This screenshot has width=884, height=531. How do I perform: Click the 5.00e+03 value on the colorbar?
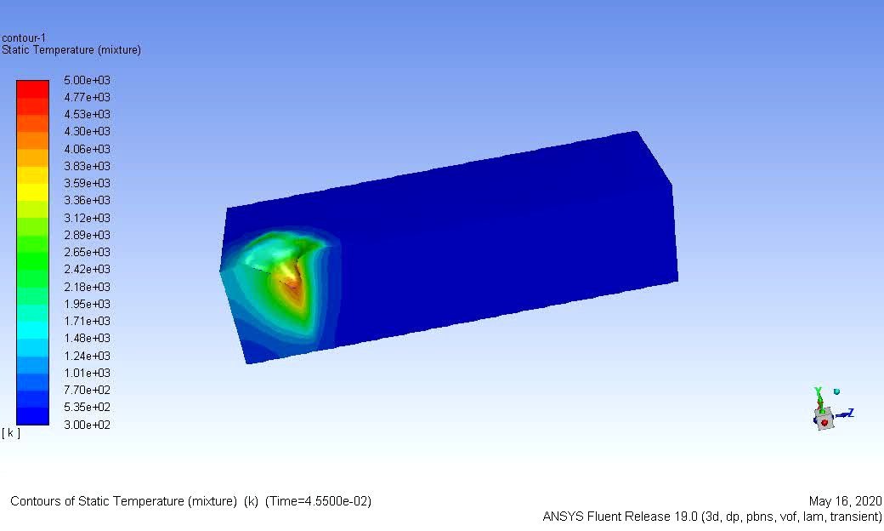88,80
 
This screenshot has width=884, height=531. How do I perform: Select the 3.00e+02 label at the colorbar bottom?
88,425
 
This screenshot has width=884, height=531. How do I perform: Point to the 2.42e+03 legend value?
88,269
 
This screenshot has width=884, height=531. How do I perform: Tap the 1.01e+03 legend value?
88,373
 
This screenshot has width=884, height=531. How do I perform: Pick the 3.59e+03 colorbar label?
88,183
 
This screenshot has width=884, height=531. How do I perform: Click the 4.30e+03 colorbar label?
88,131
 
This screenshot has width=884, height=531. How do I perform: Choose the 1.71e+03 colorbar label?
88,321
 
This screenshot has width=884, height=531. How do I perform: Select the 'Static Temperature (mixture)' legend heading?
71,50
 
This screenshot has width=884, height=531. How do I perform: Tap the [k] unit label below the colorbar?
11,433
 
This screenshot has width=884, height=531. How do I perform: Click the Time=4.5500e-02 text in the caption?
319,501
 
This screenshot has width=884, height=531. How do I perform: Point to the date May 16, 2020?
846,501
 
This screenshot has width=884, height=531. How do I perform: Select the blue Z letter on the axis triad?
849,413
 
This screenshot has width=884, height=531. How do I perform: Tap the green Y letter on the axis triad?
818,391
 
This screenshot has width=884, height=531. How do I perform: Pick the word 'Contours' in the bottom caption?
35,501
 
